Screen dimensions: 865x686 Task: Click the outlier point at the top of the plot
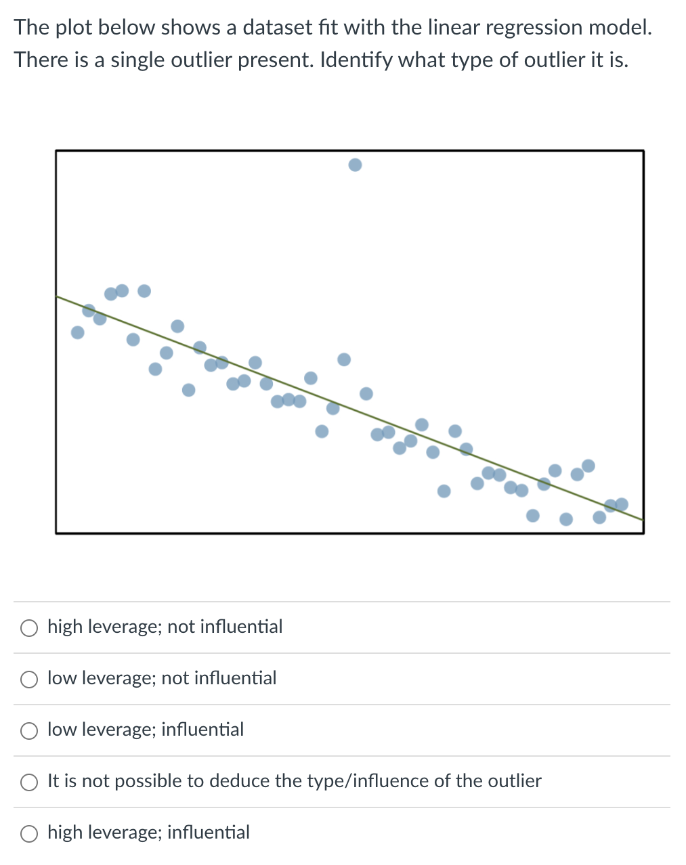coord(355,164)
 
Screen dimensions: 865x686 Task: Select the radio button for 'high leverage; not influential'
coord(29,628)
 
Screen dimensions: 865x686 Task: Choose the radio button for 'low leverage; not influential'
coord(29,680)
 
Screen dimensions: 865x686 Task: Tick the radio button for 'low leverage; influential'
coord(29,731)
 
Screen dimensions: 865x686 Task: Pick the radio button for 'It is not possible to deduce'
coord(29,782)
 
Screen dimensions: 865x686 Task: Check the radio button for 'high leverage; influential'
coord(29,834)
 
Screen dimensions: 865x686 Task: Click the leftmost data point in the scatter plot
coord(78,332)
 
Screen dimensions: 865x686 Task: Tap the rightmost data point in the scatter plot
coord(622,504)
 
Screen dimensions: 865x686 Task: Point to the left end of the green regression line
coord(58,296)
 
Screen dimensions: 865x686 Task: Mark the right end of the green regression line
coord(641,519)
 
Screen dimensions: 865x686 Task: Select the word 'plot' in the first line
coord(74,28)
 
